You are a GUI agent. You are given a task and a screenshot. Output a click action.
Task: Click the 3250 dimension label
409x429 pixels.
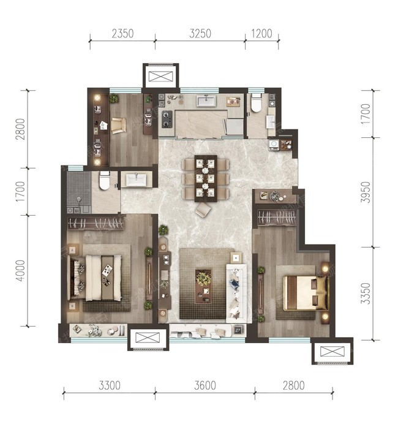tap(200, 34)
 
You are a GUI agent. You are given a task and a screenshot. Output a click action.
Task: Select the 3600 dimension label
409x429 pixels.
tap(205, 385)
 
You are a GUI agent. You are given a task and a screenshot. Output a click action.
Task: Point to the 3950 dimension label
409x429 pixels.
tap(366, 192)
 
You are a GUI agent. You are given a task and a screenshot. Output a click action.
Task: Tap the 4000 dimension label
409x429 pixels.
tap(20, 270)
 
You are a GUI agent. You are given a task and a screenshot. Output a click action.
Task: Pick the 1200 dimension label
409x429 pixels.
tap(261, 34)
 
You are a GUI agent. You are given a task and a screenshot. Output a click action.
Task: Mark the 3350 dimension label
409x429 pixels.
tap(366, 294)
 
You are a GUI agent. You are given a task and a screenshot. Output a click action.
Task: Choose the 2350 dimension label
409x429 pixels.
tap(122, 34)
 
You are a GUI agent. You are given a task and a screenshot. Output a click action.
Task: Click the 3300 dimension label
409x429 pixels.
tap(110, 385)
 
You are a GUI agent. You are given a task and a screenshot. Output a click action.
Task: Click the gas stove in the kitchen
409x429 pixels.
tap(167, 120)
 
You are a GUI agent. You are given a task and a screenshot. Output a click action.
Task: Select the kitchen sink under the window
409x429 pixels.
tap(206, 101)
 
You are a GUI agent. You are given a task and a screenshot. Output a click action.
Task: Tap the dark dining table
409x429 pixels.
tap(206, 178)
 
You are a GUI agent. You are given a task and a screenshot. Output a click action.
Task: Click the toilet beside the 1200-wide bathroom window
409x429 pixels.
tap(257, 103)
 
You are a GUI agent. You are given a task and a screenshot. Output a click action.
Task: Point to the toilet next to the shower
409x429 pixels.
tap(105, 181)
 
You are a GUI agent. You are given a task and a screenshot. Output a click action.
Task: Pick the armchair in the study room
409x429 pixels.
tap(119, 126)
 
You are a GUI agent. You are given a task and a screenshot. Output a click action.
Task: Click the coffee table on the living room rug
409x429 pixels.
tap(203, 286)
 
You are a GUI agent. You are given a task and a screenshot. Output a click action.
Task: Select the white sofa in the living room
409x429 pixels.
tap(236, 294)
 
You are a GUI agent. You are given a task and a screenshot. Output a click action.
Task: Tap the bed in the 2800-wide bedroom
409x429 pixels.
tap(305, 293)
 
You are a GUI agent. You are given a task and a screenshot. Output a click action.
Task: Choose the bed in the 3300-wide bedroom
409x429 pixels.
tap(94, 278)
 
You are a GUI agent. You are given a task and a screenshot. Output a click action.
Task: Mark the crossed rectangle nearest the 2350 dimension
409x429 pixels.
tap(161, 77)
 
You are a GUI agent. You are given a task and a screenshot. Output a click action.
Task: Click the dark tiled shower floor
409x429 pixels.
tap(79, 189)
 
